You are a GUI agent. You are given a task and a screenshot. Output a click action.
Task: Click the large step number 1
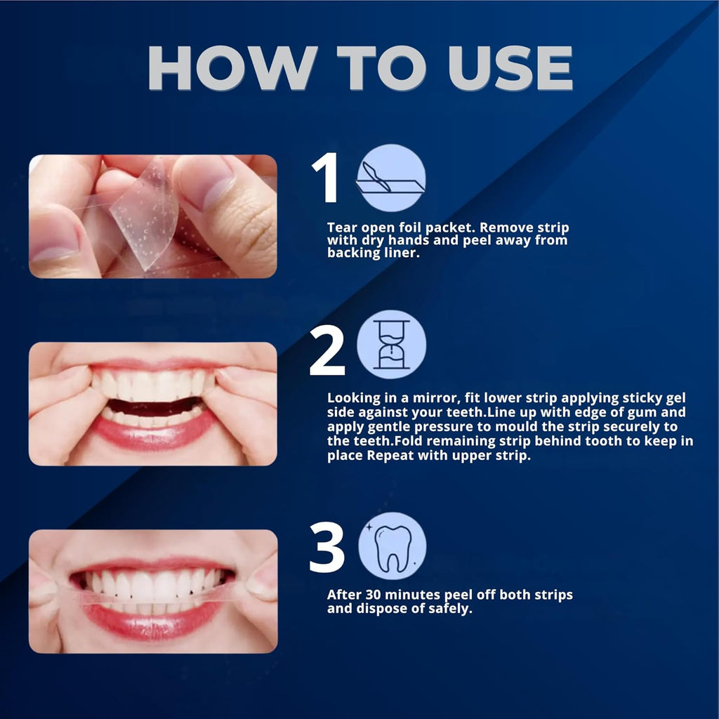(326, 180)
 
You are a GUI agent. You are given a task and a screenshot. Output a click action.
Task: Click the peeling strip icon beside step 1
(391, 178)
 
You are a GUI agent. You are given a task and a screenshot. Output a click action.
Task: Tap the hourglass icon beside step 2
(391, 345)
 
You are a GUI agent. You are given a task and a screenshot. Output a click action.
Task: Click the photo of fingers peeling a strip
(153, 216)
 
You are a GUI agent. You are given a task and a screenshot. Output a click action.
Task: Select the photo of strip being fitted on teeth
(153, 404)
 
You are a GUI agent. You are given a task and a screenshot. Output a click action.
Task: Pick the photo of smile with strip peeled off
(153, 591)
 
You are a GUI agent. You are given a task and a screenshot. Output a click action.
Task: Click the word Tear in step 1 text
(341, 227)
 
